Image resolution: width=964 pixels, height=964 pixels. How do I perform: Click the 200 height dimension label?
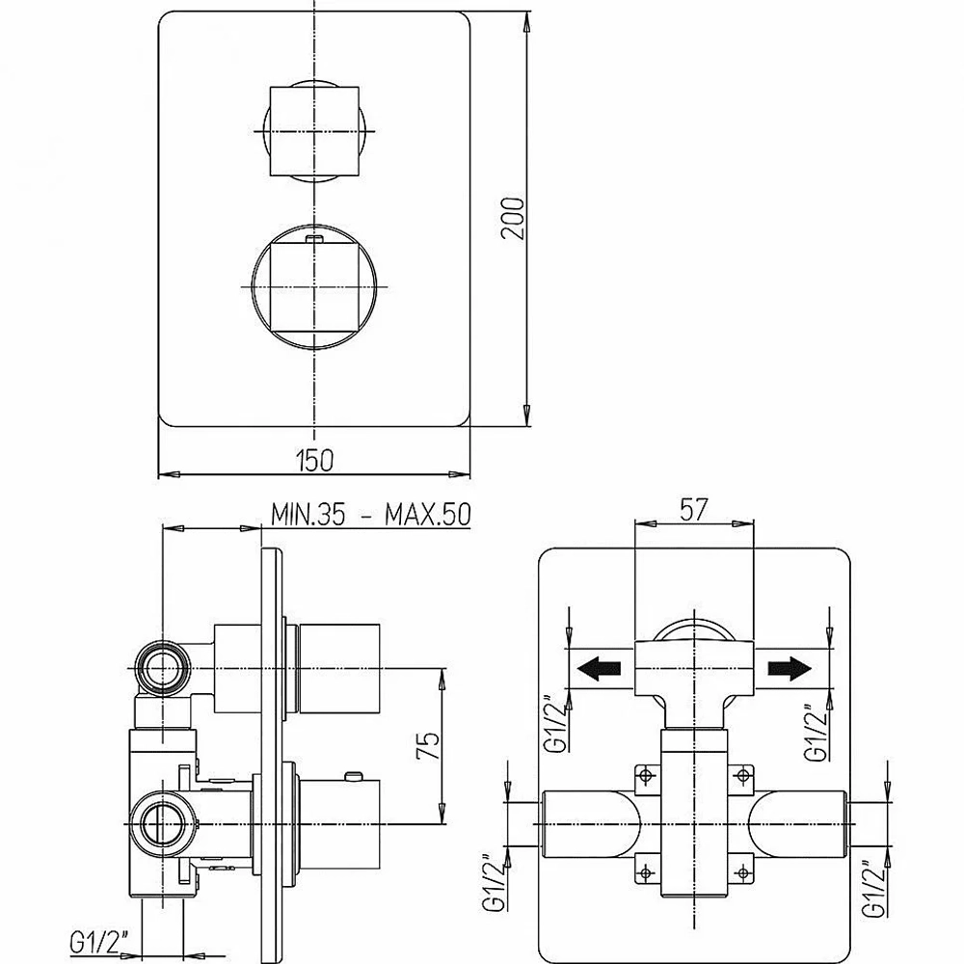(512, 218)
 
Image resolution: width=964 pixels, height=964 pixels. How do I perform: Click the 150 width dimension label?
(314, 461)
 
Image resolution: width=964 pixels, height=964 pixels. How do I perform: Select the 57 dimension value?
(694, 510)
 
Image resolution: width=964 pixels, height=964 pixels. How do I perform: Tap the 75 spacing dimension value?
(429, 745)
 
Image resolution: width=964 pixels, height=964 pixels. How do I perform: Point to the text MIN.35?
(308, 514)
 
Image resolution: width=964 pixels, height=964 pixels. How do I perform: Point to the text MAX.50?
(428, 514)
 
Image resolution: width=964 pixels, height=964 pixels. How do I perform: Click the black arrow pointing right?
(790, 668)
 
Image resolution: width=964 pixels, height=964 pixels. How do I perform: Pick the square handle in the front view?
(314, 131)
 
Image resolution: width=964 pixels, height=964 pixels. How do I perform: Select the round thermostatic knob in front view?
(313, 287)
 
